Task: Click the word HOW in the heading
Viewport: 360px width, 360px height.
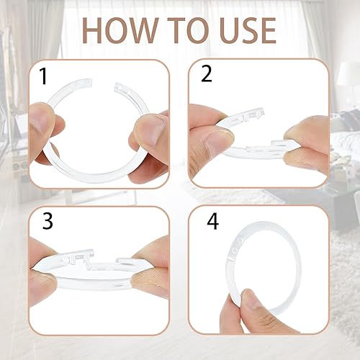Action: click(x=120, y=30)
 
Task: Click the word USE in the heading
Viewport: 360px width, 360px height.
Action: click(x=248, y=30)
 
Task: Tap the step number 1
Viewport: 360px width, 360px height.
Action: click(x=44, y=76)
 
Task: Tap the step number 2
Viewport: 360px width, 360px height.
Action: click(x=207, y=73)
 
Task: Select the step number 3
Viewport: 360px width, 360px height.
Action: click(x=48, y=221)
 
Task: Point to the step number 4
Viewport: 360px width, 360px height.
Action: click(x=213, y=221)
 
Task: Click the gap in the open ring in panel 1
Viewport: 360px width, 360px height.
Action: click(x=103, y=84)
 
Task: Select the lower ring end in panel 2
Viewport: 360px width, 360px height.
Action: click(x=261, y=146)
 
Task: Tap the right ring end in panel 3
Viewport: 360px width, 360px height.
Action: click(x=125, y=261)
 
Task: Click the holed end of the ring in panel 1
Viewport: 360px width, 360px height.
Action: click(x=123, y=89)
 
